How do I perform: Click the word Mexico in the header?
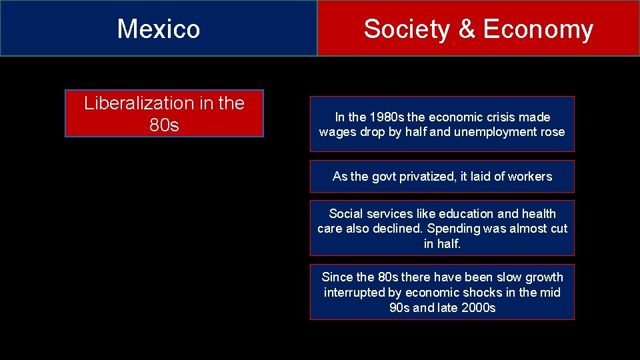(x=159, y=29)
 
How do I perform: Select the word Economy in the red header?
(x=537, y=29)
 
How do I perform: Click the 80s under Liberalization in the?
(x=164, y=125)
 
